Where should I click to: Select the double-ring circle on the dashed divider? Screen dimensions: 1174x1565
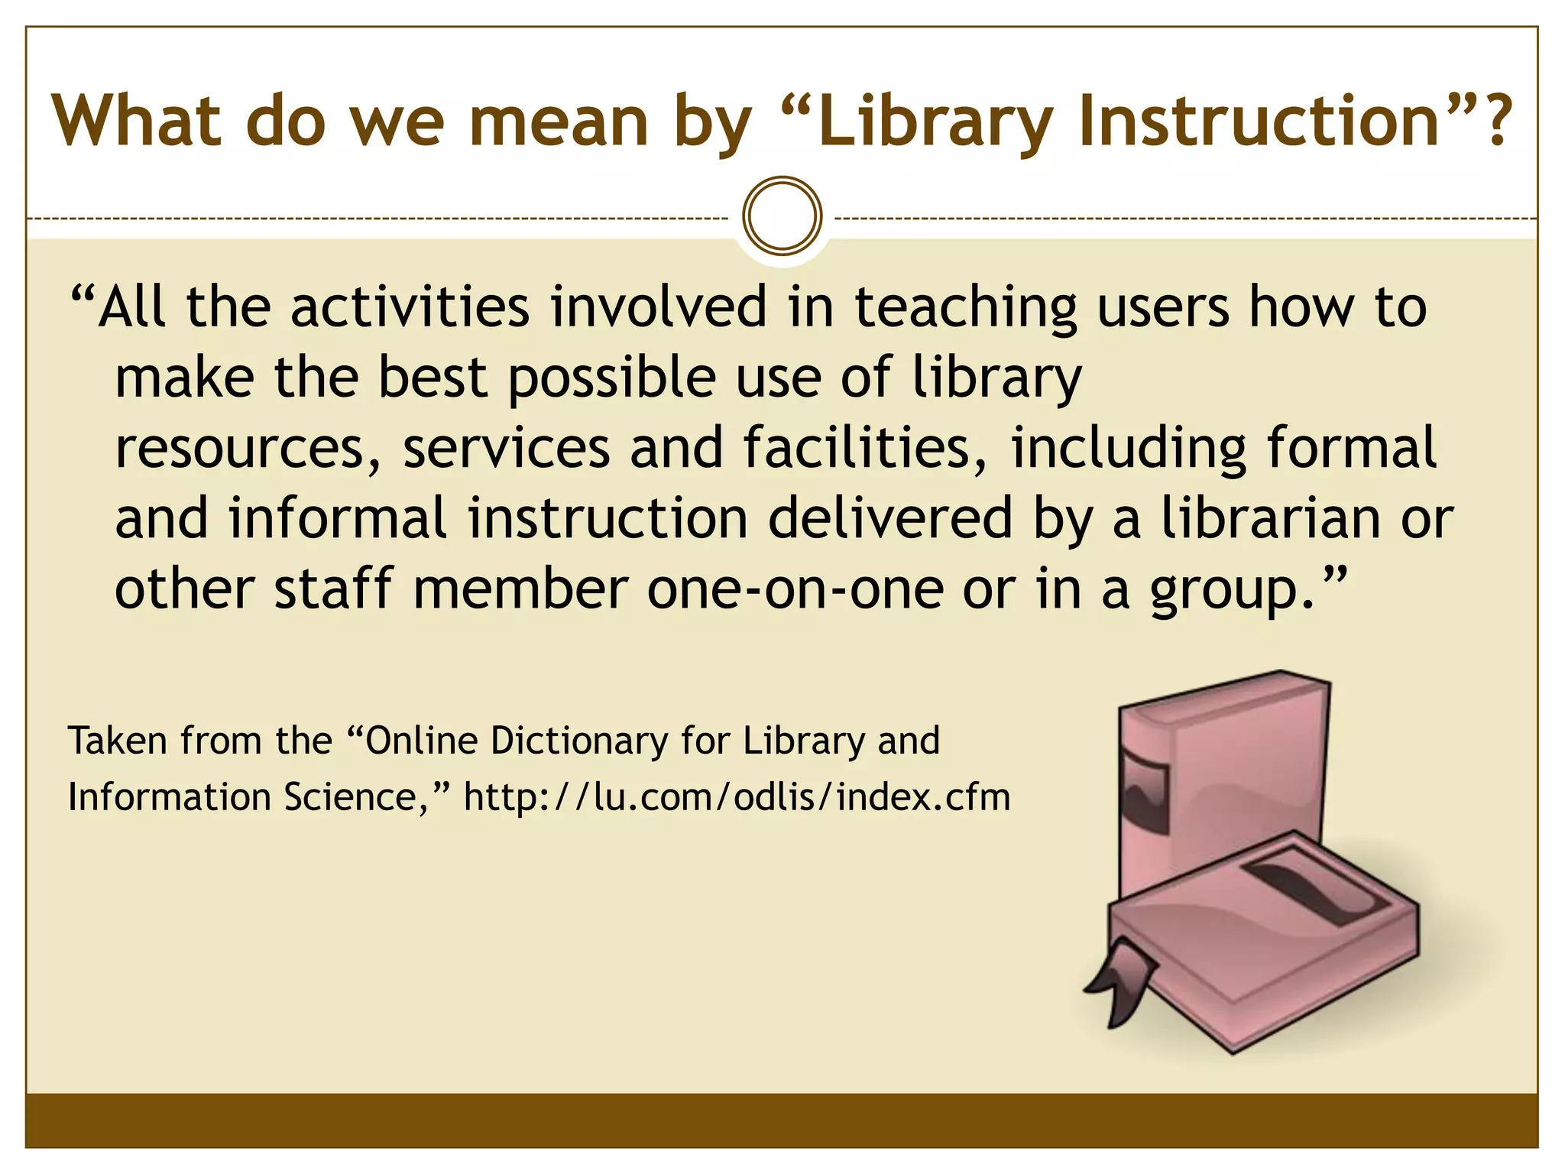pos(782,216)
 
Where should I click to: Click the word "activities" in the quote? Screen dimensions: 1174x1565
pos(410,307)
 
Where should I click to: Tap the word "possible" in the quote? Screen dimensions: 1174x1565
pos(612,379)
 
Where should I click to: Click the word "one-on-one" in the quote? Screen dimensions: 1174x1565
pos(795,589)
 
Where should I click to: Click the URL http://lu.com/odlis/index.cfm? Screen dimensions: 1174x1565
pos(737,797)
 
